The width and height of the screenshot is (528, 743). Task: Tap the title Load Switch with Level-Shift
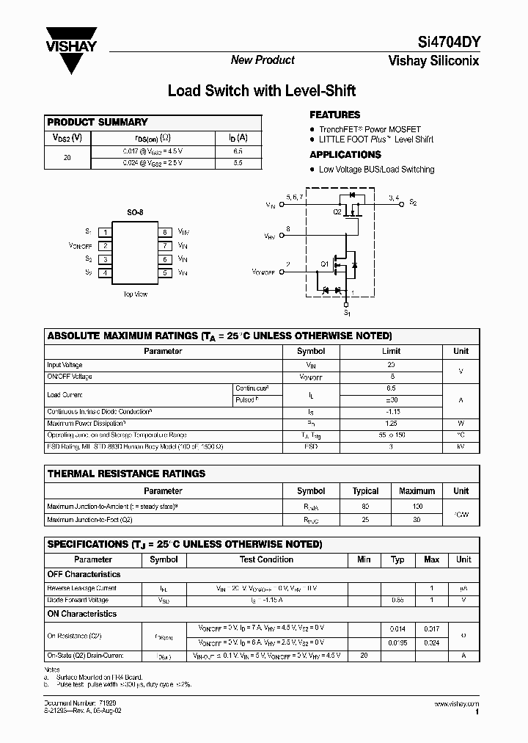pyautogui.click(x=262, y=91)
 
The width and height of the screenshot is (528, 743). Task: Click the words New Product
pyautogui.click(x=263, y=60)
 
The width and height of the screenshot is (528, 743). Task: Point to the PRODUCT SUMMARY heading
pyautogui.click(x=97, y=123)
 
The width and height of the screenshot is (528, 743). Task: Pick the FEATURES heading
pyautogui.click(x=334, y=115)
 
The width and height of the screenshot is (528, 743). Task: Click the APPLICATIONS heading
pyautogui.click(x=345, y=155)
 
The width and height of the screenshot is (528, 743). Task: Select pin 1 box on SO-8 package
pyautogui.click(x=106, y=232)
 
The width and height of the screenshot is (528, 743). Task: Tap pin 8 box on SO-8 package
pyautogui.click(x=164, y=232)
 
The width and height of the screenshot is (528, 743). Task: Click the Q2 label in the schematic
pyautogui.click(x=337, y=212)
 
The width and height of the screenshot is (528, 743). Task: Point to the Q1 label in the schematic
pyautogui.click(x=324, y=264)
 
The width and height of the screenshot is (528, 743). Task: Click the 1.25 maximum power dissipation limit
pyautogui.click(x=391, y=423)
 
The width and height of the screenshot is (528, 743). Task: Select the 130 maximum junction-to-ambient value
pyautogui.click(x=417, y=507)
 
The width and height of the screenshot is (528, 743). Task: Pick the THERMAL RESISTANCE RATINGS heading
pyautogui.click(x=126, y=474)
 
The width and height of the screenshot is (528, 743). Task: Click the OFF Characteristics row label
pyautogui.click(x=84, y=574)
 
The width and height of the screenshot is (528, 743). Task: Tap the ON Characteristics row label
pyautogui.click(x=82, y=614)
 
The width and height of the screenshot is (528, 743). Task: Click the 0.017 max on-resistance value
pyautogui.click(x=431, y=629)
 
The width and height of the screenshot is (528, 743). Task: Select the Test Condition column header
pyautogui.click(x=266, y=559)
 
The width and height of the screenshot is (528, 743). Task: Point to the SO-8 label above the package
pyautogui.click(x=135, y=213)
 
